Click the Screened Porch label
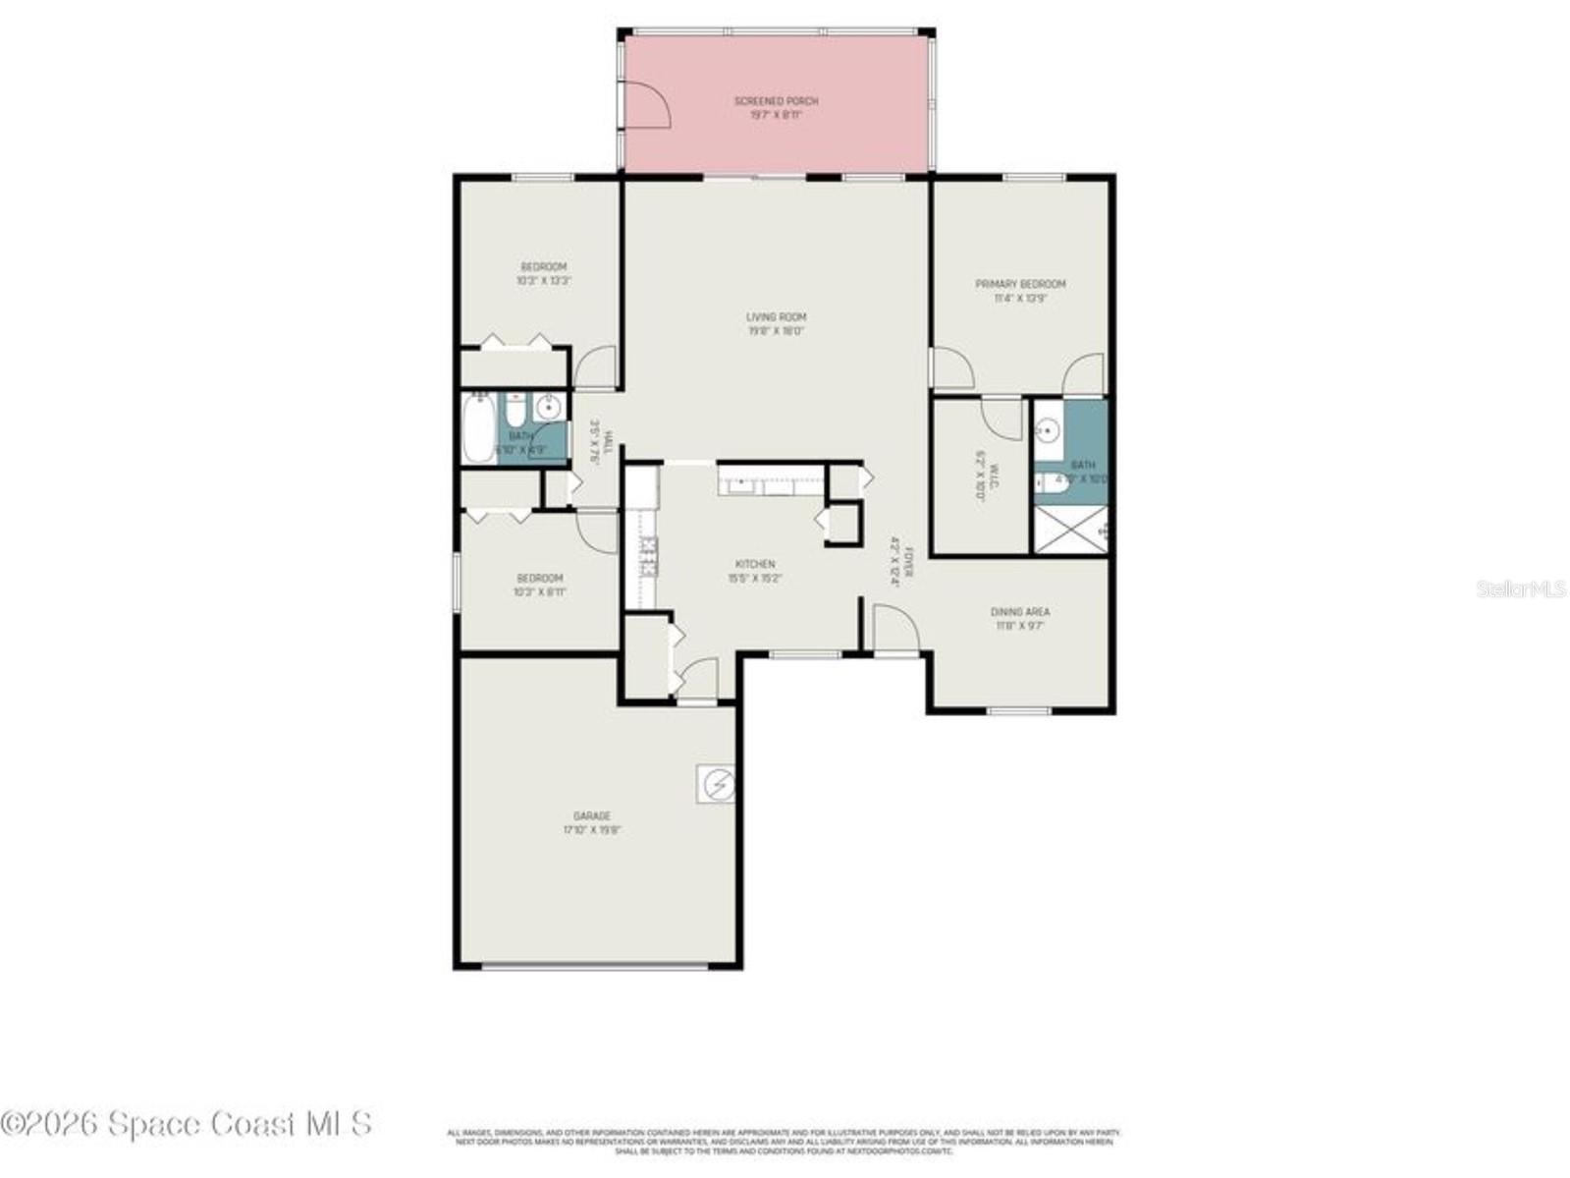click(x=776, y=101)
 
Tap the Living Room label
click(x=776, y=317)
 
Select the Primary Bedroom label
click(x=1020, y=284)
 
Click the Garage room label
click(x=592, y=815)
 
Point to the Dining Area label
click(x=1020, y=611)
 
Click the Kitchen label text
click(x=755, y=564)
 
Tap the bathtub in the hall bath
click(x=479, y=428)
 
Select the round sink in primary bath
click(x=1049, y=429)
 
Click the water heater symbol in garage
click(x=716, y=784)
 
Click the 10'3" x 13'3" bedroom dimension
click(x=543, y=281)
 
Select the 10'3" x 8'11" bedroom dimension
click(x=540, y=591)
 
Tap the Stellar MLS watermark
click(x=1521, y=589)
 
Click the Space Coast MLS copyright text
click(x=187, y=1123)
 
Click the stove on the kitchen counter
click(x=648, y=557)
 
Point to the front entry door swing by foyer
click(x=893, y=627)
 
